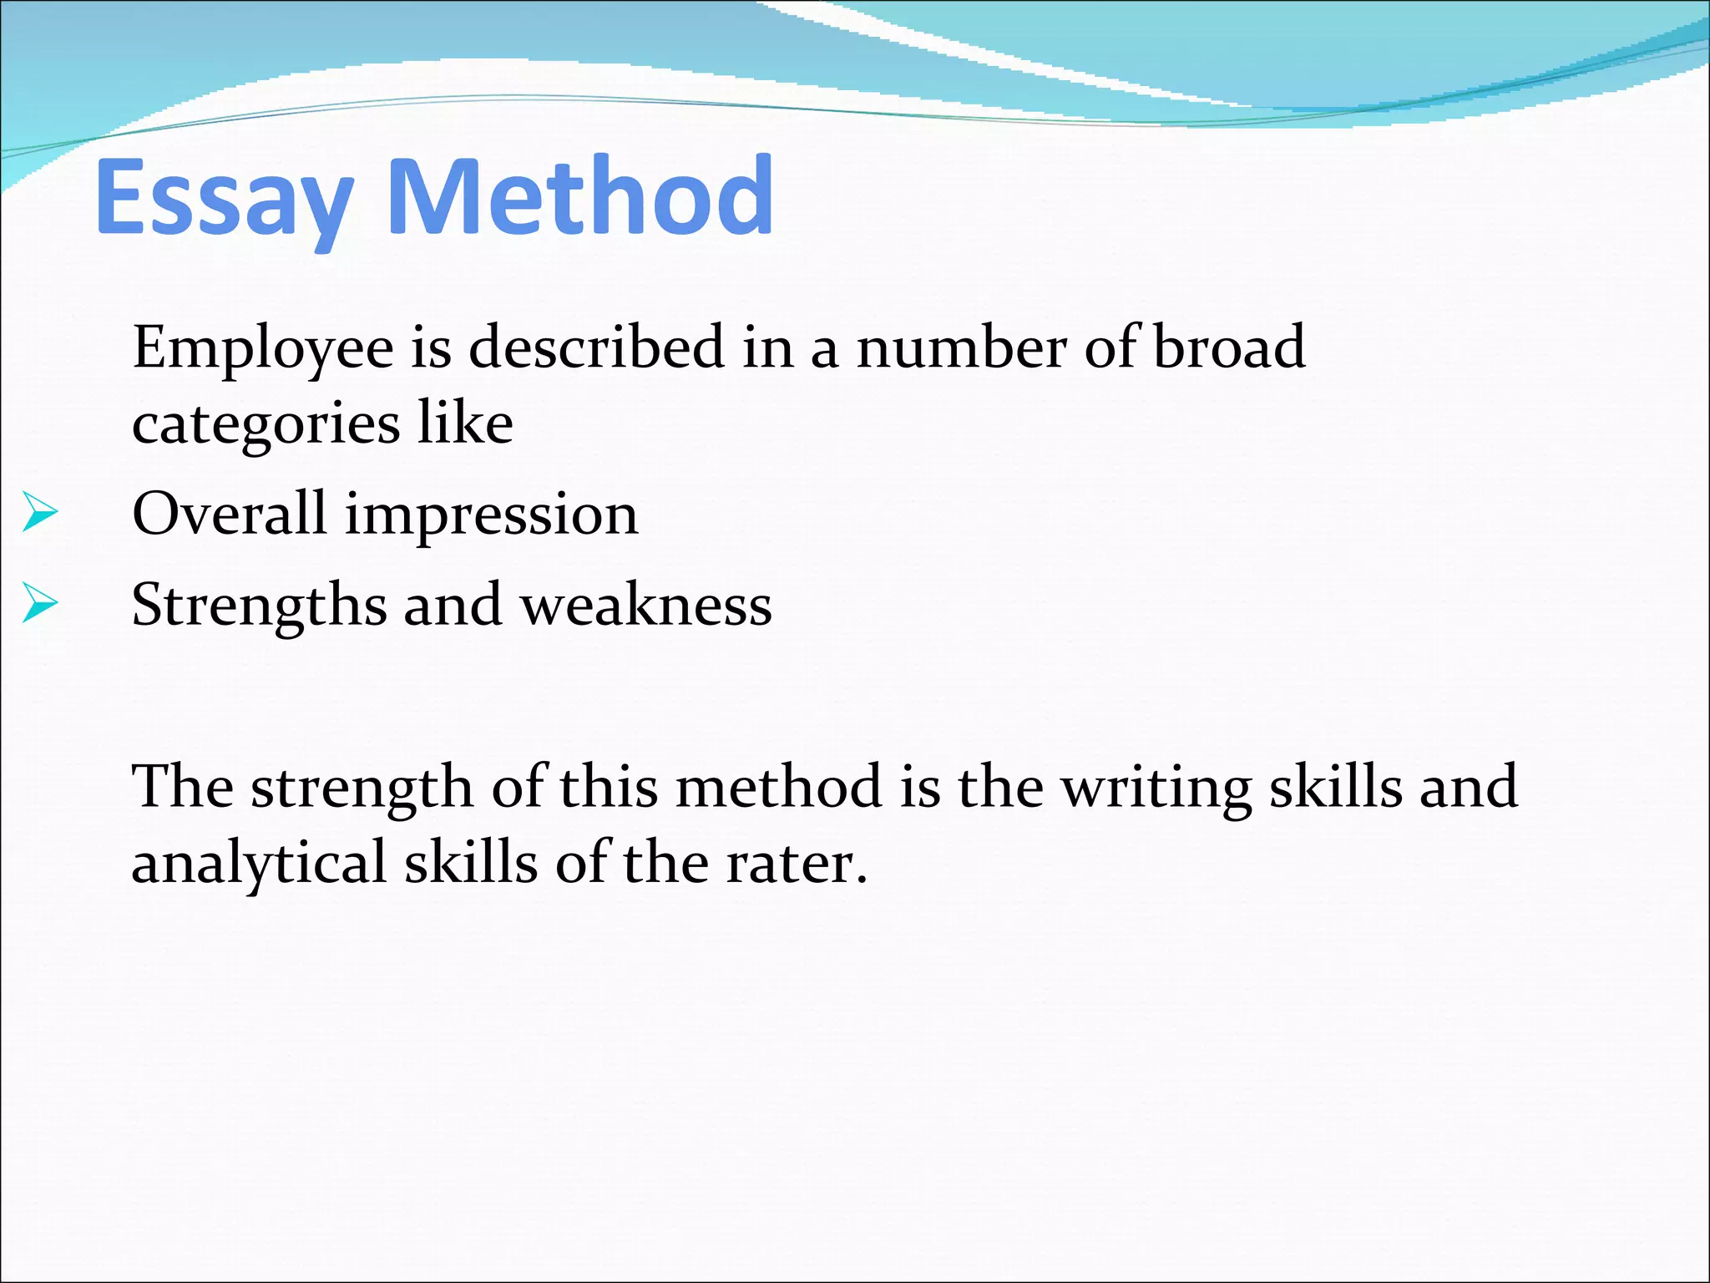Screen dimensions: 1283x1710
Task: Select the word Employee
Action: point(263,348)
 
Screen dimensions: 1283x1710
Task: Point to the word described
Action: point(596,347)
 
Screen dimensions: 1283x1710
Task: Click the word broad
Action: point(1229,347)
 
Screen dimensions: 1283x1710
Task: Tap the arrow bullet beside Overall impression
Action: point(40,513)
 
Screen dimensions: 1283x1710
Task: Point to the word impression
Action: point(492,515)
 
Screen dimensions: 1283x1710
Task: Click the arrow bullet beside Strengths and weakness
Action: point(40,603)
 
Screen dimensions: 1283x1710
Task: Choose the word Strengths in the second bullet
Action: point(259,605)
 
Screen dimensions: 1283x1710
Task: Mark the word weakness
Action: point(646,605)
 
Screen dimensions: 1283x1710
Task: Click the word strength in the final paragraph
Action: point(362,788)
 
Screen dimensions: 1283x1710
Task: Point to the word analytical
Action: point(259,863)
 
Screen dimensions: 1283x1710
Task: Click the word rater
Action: point(797,863)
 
